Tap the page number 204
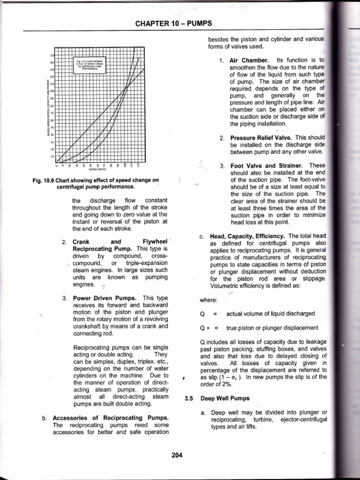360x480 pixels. (x=177, y=455)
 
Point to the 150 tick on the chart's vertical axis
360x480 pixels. (x=52, y=56)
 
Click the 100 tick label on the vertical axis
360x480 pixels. (x=52, y=90)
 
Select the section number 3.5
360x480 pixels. (x=188, y=399)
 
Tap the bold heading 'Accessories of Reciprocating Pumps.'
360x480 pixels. (x=111, y=418)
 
